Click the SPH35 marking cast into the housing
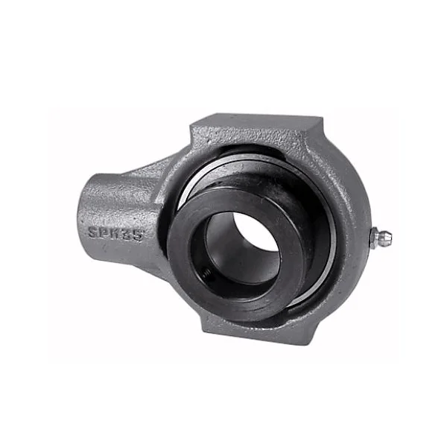pos(115,232)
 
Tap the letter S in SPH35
pos(93,232)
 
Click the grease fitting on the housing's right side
pos(381,238)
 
